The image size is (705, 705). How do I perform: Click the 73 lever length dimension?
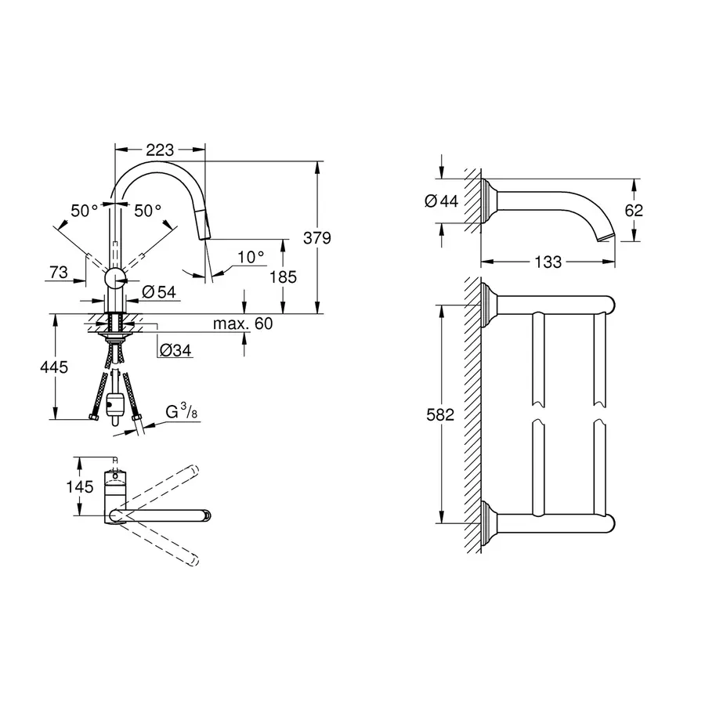[58, 272]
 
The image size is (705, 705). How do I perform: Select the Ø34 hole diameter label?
[175, 351]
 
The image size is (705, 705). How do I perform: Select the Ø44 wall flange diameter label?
[440, 201]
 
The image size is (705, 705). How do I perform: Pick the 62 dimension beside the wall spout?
[634, 210]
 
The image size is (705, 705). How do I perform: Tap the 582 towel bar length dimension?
[440, 415]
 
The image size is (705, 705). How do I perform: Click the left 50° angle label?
[84, 210]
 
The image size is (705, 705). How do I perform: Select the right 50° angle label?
[146, 210]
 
